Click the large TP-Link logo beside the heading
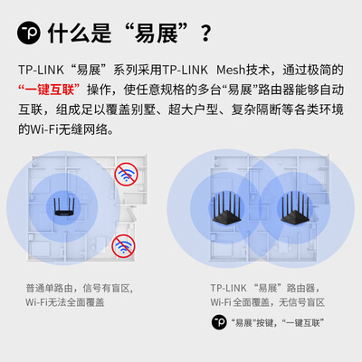(x=29, y=32)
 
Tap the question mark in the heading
(x=205, y=33)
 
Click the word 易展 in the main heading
(x=157, y=33)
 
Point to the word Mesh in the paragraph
(x=231, y=70)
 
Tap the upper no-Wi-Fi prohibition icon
(x=126, y=174)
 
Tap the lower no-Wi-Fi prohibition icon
(x=123, y=246)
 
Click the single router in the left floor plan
(x=64, y=207)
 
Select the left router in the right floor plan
(x=226, y=207)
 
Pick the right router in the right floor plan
(x=295, y=207)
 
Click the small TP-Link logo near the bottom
(x=219, y=322)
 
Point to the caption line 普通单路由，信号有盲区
(x=80, y=288)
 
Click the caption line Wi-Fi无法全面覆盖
(x=65, y=302)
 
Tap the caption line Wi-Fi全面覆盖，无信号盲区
(x=268, y=302)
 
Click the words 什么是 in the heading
(x=80, y=33)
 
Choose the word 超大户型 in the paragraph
(x=193, y=110)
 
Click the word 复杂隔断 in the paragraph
(x=256, y=110)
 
